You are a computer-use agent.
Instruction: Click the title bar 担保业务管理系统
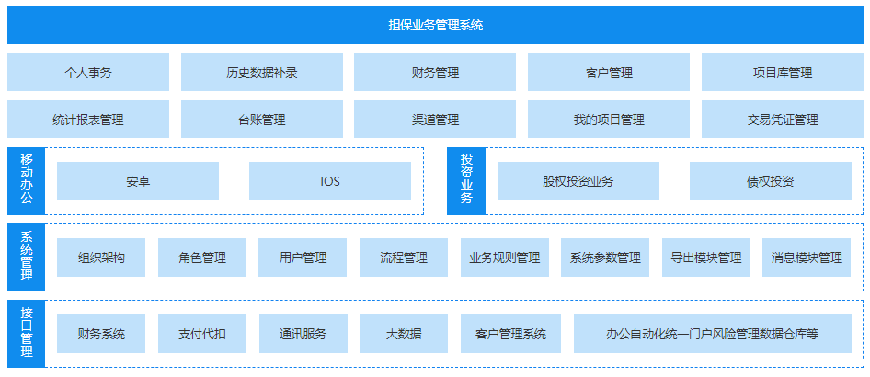pos(435,25)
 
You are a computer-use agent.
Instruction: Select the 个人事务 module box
pos(88,73)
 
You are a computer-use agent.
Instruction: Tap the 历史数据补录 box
pos(261,73)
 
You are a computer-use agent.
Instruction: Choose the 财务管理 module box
pos(435,73)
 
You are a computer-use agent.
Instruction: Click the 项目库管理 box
pos(782,73)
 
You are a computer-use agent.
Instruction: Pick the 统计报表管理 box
pos(88,120)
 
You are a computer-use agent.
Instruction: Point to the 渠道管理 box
pos(435,120)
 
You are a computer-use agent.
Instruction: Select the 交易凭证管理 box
pos(782,120)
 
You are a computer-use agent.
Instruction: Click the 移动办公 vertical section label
pos(26,180)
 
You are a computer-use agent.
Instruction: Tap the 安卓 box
pos(138,181)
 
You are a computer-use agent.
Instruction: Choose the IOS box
pos(329,181)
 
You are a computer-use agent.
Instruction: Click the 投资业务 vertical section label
pos(465,180)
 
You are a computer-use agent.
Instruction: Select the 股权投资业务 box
pos(578,181)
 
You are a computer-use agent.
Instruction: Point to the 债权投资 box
pos(770,181)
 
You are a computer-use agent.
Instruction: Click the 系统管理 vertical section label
pos(26,257)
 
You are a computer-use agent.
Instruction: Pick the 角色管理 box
pos(202,257)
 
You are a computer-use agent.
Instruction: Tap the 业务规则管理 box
pos(504,257)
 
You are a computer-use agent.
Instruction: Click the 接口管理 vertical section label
pos(26,333)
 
